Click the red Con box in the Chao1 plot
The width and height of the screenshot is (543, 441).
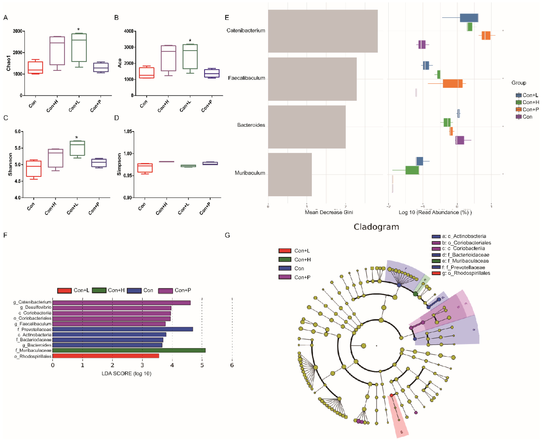[35, 67]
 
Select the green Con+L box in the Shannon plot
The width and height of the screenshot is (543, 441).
[77, 148]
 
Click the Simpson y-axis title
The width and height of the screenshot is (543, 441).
[119, 164]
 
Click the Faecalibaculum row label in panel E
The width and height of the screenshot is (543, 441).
[246, 78]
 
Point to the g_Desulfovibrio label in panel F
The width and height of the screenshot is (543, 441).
[36, 307]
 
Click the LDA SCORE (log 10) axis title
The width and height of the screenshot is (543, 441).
[126, 374]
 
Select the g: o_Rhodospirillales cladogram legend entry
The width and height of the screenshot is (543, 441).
[461, 273]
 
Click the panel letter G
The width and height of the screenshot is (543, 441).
[227, 235]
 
